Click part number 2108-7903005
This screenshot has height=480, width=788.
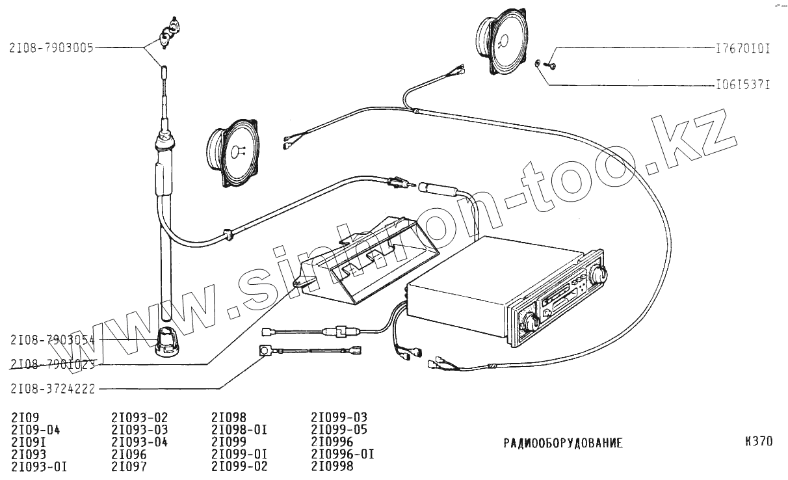(x=51, y=47)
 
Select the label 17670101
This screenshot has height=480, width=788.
(x=739, y=48)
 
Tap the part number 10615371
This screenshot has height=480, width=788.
(x=739, y=85)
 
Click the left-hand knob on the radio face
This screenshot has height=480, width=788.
(x=530, y=320)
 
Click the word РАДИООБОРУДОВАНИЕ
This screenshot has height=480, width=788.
(x=563, y=444)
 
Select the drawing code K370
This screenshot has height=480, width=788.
(x=759, y=442)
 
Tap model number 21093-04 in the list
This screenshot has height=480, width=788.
(x=140, y=442)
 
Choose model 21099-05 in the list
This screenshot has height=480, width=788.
(x=339, y=429)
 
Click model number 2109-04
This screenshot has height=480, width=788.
(x=36, y=429)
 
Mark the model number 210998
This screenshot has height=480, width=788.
(x=332, y=466)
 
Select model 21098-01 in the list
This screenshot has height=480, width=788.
(x=239, y=429)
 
